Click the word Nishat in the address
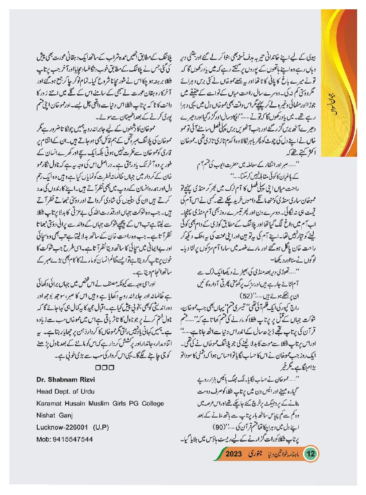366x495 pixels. pyautogui.click(x=47, y=415)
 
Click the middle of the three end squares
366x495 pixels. pyautogui.click(x=105, y=367)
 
